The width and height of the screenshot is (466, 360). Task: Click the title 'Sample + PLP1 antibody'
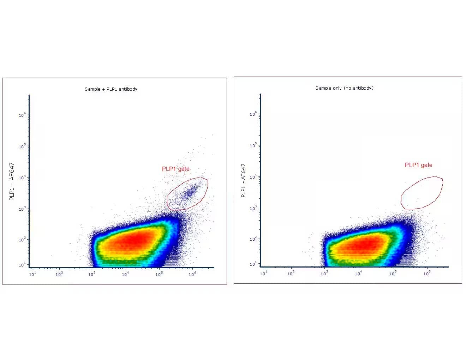[x=111, y=89]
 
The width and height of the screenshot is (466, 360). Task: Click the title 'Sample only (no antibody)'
[x=344, y=88]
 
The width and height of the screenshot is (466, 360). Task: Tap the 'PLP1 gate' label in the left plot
[x=175, y=169]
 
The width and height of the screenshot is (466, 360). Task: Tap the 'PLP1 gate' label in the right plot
[x=418, y=165]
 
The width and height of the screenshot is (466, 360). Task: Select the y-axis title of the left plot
[x=12, y=181]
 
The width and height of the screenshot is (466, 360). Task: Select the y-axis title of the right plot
[x=243, y=180]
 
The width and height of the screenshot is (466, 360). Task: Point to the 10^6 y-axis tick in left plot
[x=22, y=115]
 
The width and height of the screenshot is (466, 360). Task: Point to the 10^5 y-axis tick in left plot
[x=22, y=146]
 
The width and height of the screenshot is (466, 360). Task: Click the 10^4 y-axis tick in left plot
[x=22, y=178]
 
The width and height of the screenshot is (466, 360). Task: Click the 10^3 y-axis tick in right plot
[x=253, y=208]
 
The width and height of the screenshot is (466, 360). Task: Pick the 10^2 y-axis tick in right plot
[x=253, y=239]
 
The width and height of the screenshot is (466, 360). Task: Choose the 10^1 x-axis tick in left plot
[x=32, y=274]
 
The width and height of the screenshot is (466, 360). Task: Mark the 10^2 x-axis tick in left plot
[x=59, y=274]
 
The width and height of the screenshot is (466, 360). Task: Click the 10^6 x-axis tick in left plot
[x=192, y=274]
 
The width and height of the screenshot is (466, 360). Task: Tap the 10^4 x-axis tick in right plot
[x=358, y=274]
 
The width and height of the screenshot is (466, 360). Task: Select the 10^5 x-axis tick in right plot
[x=392, y=274]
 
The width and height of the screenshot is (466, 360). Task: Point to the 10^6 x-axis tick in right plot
[x=426, y=274]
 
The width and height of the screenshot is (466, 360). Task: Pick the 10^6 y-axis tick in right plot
[x=253, y=114]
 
